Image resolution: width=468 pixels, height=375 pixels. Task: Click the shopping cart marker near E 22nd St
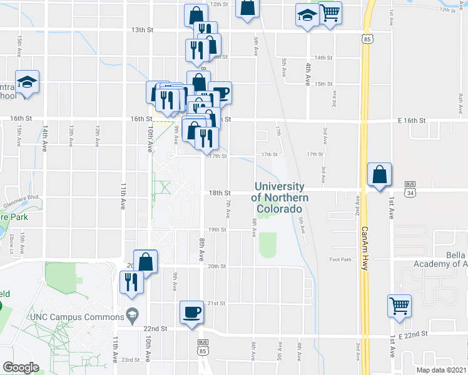399,306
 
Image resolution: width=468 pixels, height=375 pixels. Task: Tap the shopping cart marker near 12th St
329,12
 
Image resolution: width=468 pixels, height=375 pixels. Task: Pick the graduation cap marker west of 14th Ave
28,82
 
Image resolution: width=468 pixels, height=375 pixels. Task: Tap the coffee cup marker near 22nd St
191,312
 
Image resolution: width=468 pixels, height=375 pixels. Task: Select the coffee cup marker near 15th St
220,93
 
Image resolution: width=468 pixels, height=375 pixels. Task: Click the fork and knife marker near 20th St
131,282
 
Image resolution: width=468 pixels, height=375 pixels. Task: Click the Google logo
21,367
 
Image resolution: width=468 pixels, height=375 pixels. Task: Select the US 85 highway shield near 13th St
365,39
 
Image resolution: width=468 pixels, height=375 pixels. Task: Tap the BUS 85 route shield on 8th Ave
202,346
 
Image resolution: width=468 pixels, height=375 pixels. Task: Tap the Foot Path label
342,259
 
